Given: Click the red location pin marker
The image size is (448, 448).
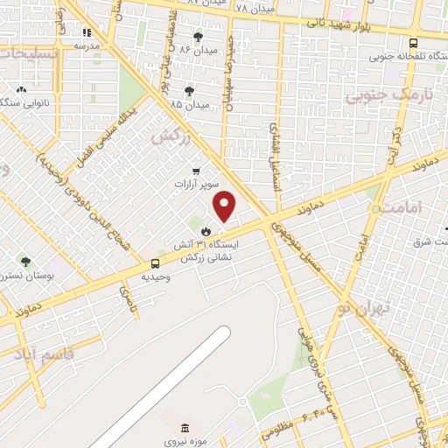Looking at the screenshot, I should [225, 206].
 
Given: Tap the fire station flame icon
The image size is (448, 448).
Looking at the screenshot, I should [206, 231].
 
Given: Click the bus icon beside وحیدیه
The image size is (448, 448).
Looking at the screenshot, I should [155, 262].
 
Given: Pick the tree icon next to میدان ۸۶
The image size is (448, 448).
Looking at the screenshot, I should [198, 37].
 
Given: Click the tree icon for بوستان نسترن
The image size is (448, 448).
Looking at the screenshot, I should [25, 261].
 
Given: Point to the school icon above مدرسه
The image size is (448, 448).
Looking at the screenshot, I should [87, 31].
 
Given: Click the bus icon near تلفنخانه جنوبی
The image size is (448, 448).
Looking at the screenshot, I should [413, 41].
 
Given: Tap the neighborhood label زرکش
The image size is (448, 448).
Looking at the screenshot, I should [170, 136].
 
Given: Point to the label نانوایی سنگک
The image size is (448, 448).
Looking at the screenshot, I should [22, 102].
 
